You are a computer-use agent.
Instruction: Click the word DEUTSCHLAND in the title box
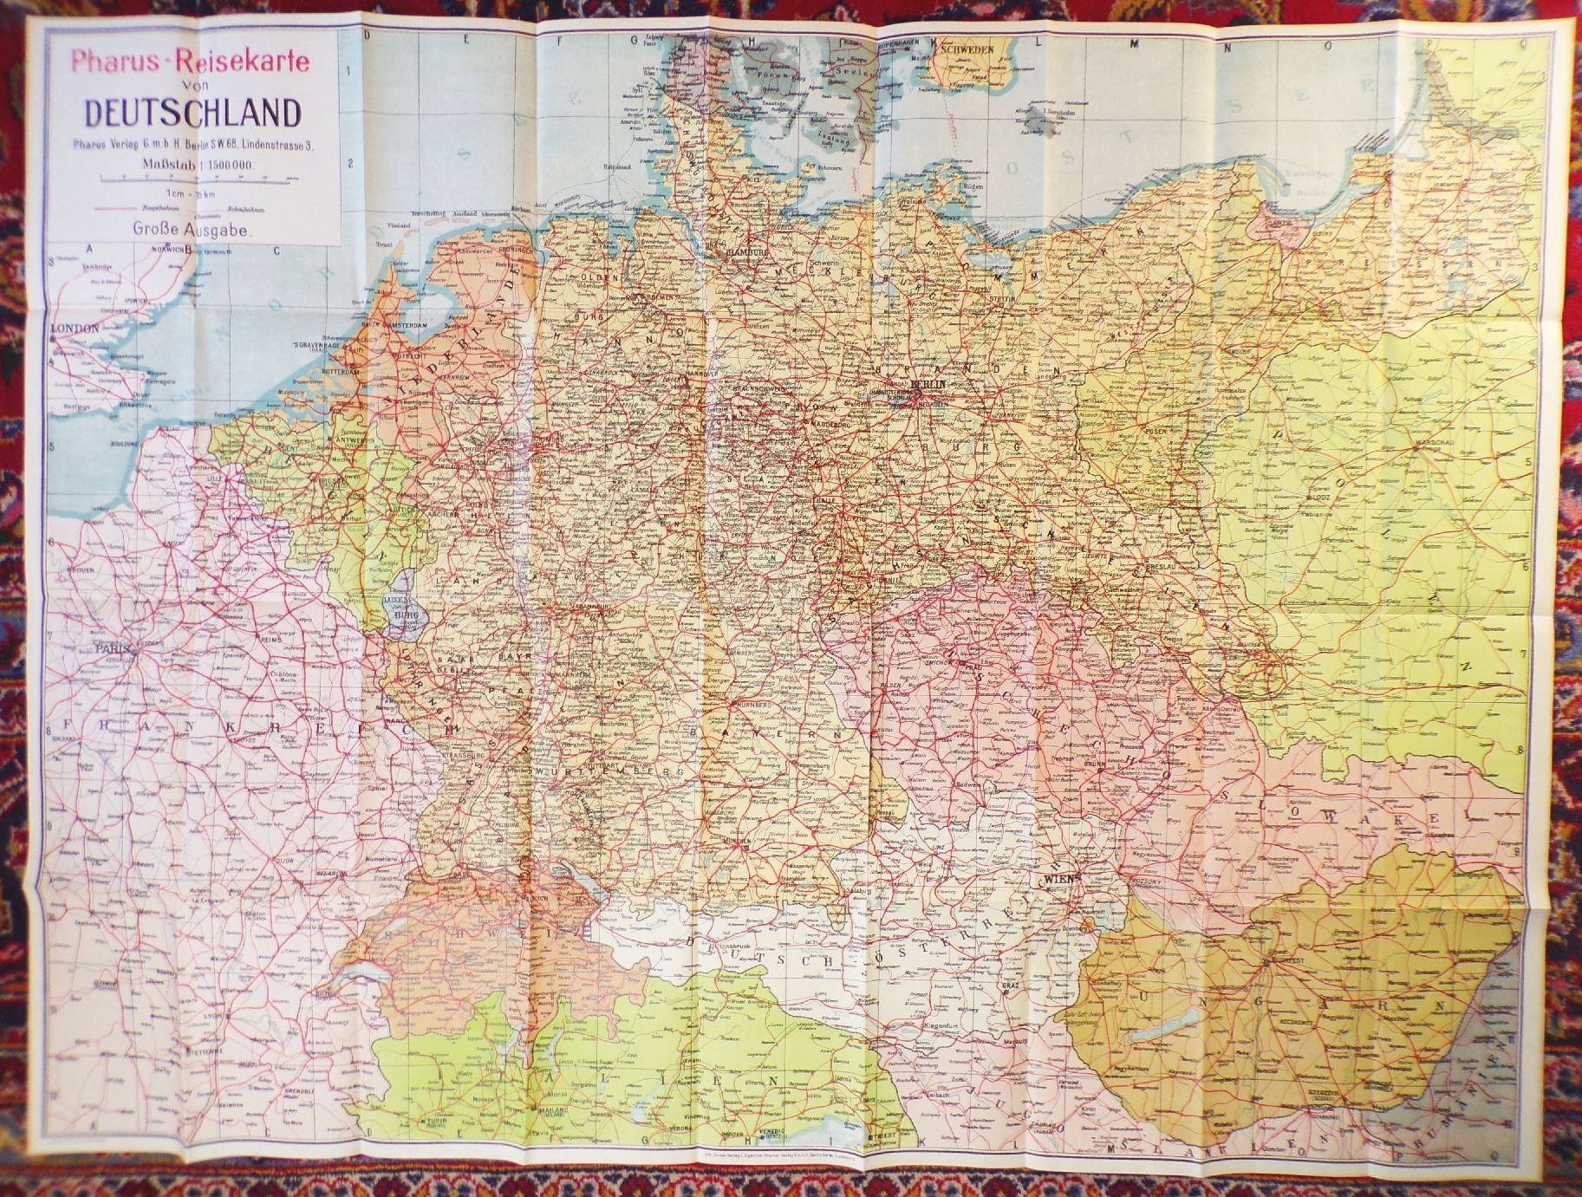pos(192,113)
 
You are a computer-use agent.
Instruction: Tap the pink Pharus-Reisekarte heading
pos(191,63)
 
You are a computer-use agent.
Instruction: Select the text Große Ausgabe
pos(192,231)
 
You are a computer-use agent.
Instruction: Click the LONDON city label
pos(75,329)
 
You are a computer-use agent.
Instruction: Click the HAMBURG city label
pos(749,252)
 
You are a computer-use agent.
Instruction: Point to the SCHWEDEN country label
pos(965,49)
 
